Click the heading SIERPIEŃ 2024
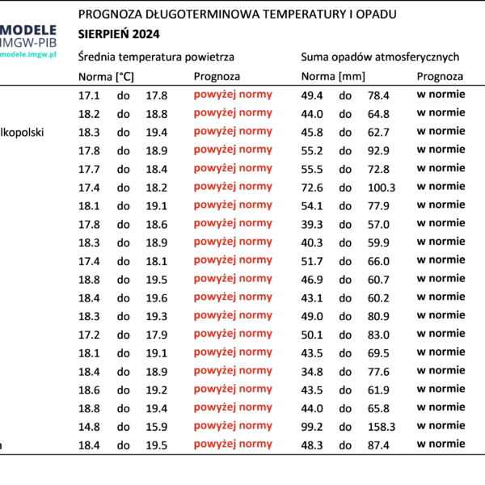coord(119,34)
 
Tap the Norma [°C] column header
coord(106,77)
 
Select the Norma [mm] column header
coord(333,77)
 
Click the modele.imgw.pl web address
coord(28,55)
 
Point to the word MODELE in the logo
coord(28,30)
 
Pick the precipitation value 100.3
coord(382,188)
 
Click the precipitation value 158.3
coord(382,427)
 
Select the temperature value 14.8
coord(89,427)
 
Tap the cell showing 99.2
coord(312,427)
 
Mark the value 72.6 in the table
coord(312,188)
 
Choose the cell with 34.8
coord(312,372)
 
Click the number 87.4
coord(378,445)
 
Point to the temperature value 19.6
coord(157,297)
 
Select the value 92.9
coord(378,150)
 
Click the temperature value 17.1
coord(89,95)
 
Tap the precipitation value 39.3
coord(312,224)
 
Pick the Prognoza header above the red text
coord(217,77)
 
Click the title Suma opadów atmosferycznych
coord(380,57)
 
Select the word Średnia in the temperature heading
coord(97,57)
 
